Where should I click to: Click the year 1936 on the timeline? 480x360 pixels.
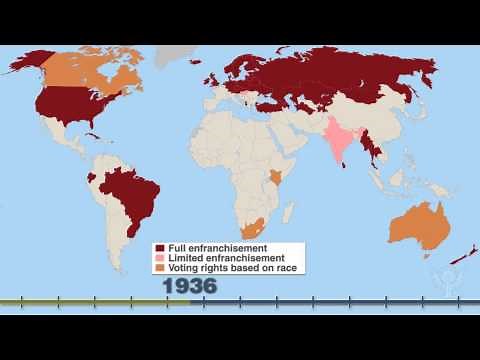190,286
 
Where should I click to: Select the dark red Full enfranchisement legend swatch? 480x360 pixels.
159,248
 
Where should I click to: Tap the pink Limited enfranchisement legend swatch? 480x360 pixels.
159,258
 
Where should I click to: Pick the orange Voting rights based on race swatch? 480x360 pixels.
159,268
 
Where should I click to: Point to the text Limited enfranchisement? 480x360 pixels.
215,258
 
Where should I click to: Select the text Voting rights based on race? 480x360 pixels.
223,268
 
